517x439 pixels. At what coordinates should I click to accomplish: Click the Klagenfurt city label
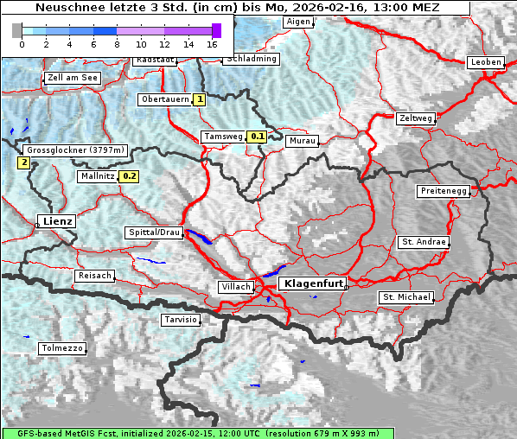click(314, 283)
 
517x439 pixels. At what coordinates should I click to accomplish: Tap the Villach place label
click(236, 287)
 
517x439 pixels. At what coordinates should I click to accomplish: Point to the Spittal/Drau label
click(153, 232)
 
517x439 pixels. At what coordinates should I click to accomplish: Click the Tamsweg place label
click(221, 137)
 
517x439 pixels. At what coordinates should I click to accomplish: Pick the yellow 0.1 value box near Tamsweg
click(257, 137)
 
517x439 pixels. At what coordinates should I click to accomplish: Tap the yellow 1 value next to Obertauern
click(200, 99)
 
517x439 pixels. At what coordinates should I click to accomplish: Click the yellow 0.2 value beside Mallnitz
click(129, 176)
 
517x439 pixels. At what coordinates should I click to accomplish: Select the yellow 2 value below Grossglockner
click(23, 162)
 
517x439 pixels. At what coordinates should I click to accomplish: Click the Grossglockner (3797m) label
click(76, 150)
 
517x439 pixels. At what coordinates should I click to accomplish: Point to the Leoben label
click(485, 62)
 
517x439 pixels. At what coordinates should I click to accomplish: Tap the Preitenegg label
click(444, 190)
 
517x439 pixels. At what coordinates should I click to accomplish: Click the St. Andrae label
click(423, 242)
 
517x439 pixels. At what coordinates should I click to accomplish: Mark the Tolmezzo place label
click(61, 348)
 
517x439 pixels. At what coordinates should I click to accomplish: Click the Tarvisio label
click(181, 320)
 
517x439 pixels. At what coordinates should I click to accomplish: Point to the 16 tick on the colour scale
click(213, 44)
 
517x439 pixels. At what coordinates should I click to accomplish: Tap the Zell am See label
click(73, 78)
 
